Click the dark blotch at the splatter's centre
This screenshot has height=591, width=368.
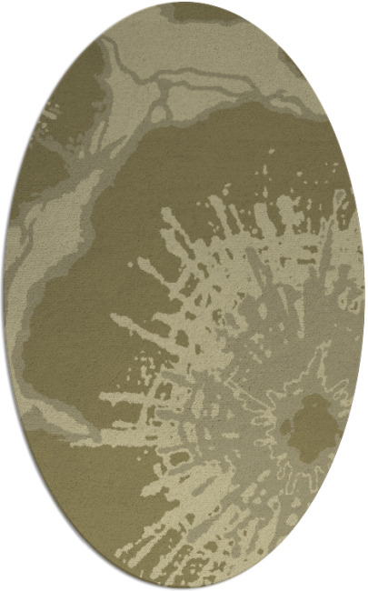(x=307, y=423)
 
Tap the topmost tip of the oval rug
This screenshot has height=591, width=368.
(x=184, y=3)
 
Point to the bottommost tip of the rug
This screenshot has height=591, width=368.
(x=184, y=588)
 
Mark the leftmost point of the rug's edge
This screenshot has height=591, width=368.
(x=4, y=295)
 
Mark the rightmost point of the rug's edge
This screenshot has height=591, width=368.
(x=364, y=295)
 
